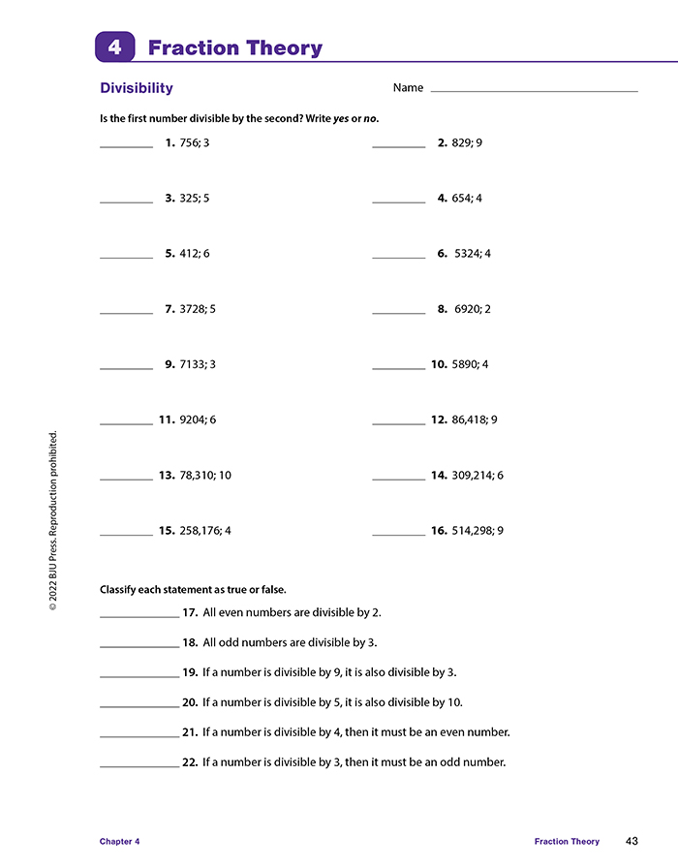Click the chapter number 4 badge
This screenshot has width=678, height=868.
[x=114, y=47]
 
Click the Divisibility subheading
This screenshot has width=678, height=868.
[x=137, y=88]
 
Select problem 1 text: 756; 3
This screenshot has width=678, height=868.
[x=195, y=143]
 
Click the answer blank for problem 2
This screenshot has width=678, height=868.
[x=398, y=146]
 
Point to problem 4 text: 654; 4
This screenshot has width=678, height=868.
[x=467, y=199]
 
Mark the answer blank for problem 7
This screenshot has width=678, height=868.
[x=126, y=313]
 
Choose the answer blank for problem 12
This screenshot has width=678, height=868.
[x=398, y=423]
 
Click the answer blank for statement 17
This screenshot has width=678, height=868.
[x=139, y=616]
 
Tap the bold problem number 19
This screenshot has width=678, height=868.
[x=190, y=672]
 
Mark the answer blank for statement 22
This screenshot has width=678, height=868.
[x=139, y=766]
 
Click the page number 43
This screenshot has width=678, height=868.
[x=632, y=841]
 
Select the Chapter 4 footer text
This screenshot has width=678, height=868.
[x=120, y=842]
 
